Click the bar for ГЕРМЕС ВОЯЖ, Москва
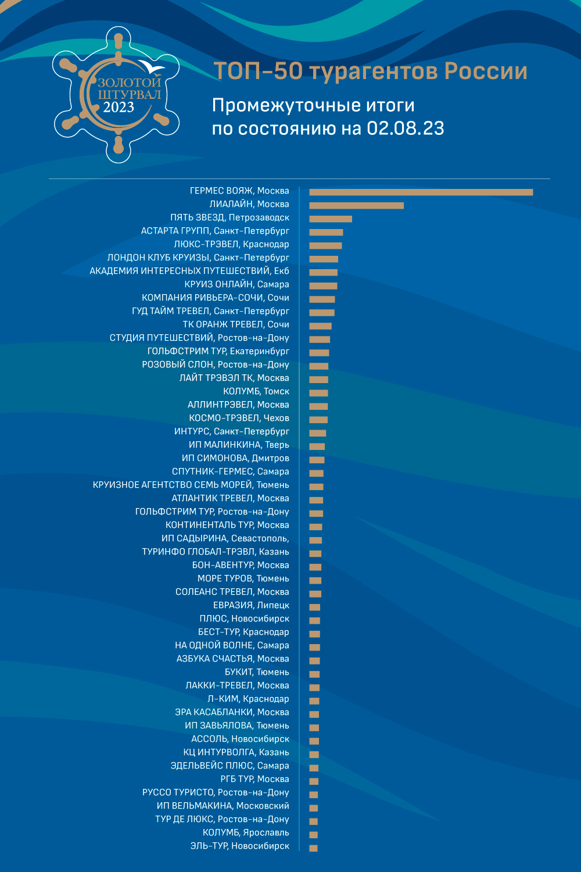[x=421, y=192]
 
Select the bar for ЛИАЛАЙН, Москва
[x=357, y=206]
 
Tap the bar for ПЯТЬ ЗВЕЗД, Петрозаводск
[x=331, y=219]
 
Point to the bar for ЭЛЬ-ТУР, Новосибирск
[x=313, y=848]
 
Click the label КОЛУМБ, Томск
[x=256, y=391]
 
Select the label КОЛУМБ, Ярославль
[x=246, y=832]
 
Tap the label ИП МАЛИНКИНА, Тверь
[x=239, y=445]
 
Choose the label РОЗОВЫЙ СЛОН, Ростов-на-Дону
[x=216, y=364]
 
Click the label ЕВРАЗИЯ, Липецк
[x=252, y=605]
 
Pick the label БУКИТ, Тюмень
[x=257, y=672]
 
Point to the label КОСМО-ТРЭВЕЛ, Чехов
[x=239, y=418]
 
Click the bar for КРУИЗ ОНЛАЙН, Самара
[x=324, y=286]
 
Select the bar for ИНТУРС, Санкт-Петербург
[x=318, y=433]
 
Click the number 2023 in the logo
[x=119, y=107]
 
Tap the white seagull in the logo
[x=152, y=67]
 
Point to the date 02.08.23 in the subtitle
[x=405, y=128]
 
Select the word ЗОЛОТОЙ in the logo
[x=130, y=82]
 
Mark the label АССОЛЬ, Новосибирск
[x=240, y=739]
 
